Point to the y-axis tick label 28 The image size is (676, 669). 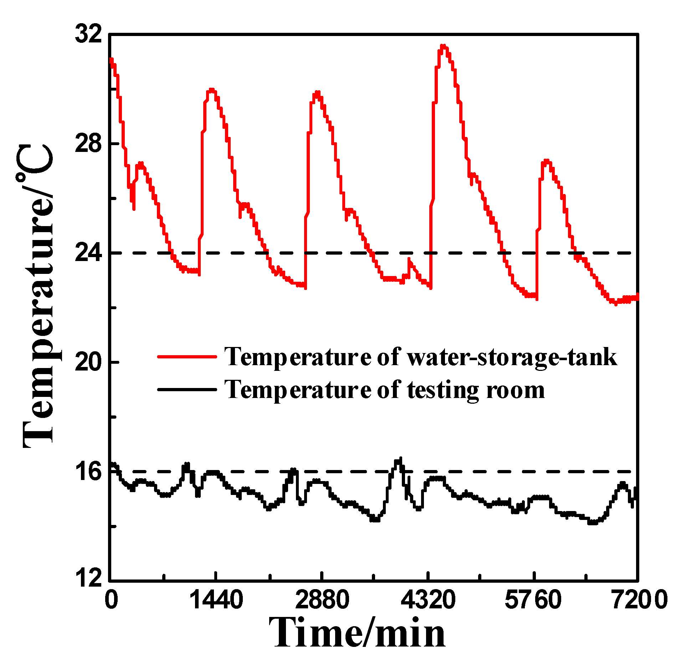click(88, 144)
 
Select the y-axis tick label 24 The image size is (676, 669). click(88, 253)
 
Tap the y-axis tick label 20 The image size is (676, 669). click(88, 362)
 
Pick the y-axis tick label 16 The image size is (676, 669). click(88, 471)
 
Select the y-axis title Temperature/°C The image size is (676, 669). click(37, 296)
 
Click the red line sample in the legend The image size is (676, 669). click(187, 356)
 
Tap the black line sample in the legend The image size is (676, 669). click(187, 389)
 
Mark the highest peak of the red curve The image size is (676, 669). click(443, 46)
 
